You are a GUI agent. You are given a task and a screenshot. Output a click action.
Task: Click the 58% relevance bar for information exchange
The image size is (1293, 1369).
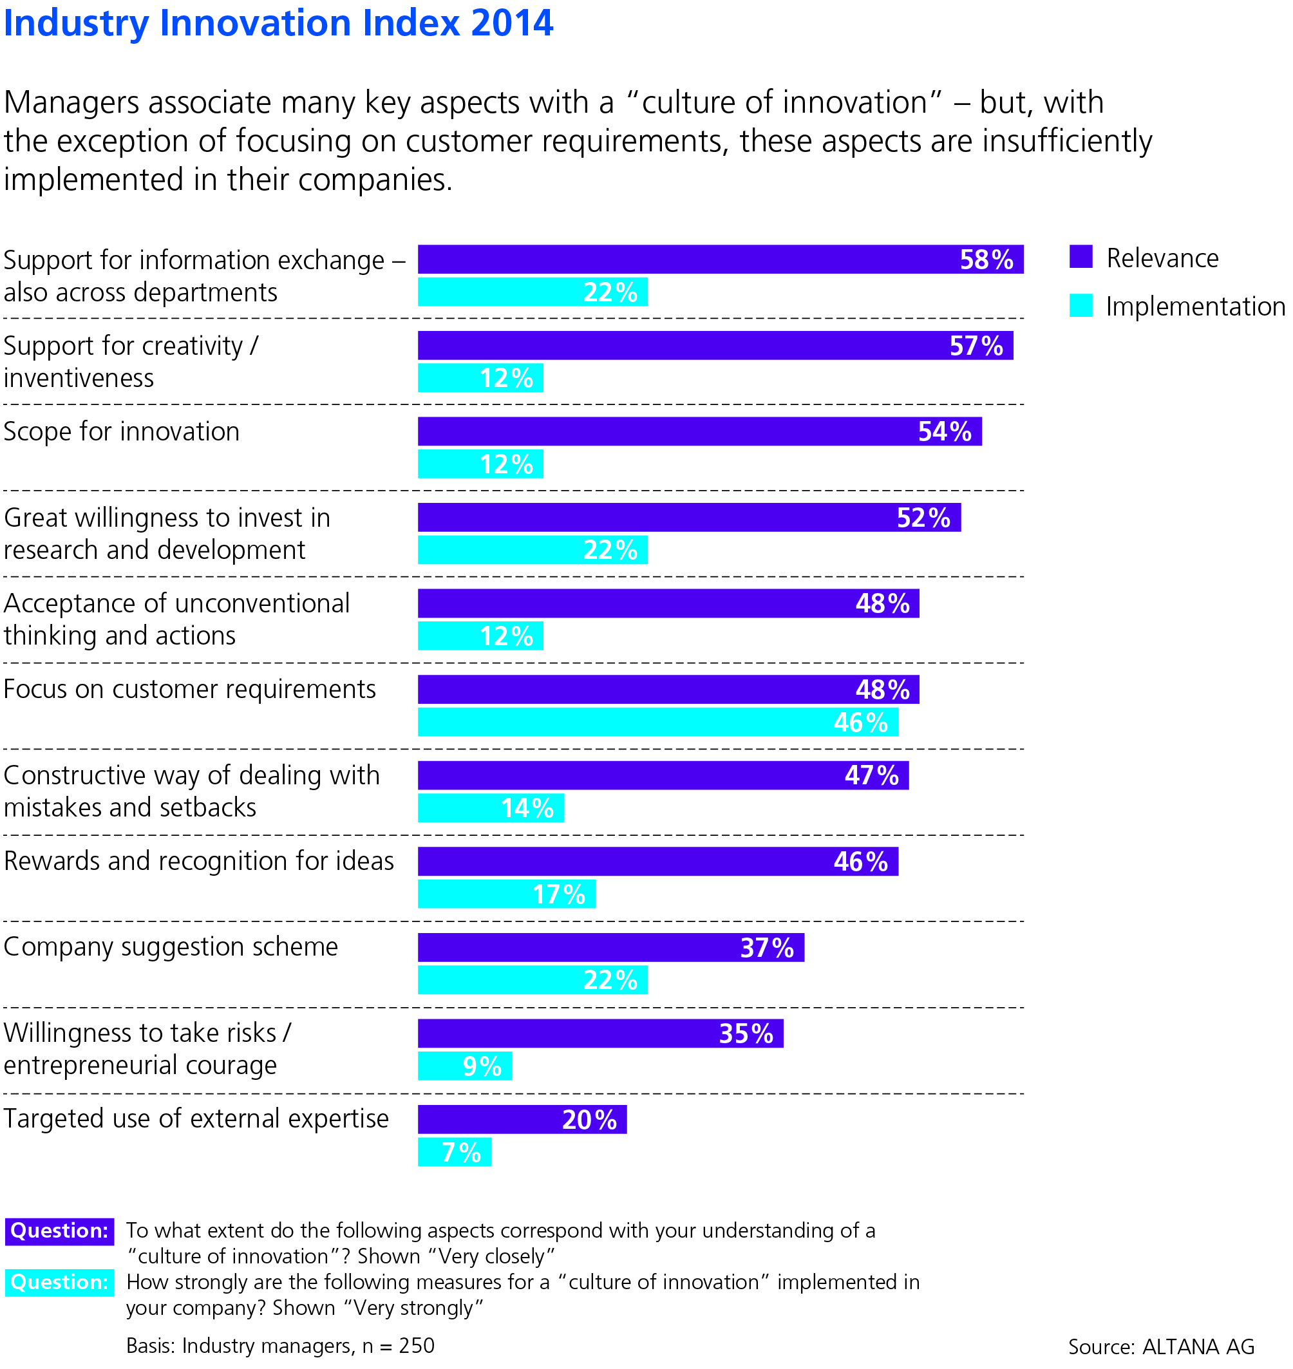point(721,260)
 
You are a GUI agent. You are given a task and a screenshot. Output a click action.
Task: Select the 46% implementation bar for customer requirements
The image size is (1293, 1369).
point(657,722)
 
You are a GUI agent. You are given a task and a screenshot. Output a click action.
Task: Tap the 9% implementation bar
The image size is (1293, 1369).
point(464,1066)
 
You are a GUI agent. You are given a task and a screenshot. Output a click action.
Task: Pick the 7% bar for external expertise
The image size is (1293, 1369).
point(454,1152)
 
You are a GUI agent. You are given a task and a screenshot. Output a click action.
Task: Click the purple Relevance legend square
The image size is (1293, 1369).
point(1081,256)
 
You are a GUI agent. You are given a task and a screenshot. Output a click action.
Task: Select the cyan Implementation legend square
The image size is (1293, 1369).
point(1081,305)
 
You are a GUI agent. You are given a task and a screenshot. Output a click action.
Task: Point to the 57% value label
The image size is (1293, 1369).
point(976,345)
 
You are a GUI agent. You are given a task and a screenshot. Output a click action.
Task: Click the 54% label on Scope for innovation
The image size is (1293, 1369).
point(944,431)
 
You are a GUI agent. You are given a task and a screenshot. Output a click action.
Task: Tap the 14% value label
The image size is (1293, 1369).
point(527,808)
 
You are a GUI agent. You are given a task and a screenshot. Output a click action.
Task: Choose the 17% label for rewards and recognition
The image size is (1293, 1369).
point(559,894)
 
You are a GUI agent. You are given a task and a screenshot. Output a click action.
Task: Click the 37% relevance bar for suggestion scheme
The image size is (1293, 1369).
point(610,947)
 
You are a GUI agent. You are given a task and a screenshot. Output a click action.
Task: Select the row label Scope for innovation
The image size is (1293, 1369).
point(122,431)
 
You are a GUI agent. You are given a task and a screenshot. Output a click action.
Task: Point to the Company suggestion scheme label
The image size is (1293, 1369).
point(171,947)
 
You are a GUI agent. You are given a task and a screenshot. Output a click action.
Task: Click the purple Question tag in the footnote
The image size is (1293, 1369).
point(59,1231)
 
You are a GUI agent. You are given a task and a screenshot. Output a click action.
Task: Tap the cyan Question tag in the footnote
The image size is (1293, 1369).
point(59,1282)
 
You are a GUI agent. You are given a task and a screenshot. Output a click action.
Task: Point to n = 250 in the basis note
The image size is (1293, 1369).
point(399,1346)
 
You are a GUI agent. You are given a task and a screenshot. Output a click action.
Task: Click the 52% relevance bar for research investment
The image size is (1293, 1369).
point(689,517)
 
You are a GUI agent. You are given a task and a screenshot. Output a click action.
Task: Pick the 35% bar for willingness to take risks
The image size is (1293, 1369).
point(600,1034)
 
